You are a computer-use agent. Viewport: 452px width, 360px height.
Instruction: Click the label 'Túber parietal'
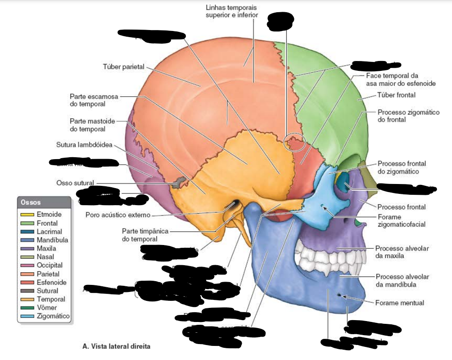(x=123, y=67)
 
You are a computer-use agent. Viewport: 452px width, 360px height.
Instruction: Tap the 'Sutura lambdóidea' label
(x=84, y=144)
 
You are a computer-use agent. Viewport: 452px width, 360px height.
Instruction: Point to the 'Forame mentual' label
(x=399, y=303)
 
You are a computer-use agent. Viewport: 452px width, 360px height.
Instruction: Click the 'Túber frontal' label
(x=396, y=95)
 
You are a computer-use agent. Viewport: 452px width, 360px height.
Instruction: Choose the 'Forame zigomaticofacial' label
(x=401, y=221)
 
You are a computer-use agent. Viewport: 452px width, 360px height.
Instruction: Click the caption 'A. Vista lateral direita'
(x=116, y=346)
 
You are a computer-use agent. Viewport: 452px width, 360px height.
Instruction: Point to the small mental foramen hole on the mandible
(x=338, y=295)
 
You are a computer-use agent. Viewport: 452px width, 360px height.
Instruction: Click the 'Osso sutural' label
(x=75, y=183)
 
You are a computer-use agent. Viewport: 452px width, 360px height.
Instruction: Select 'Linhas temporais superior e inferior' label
(x=232, y=12)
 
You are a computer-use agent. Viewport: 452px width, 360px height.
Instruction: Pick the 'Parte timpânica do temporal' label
(x=145, y=235)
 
